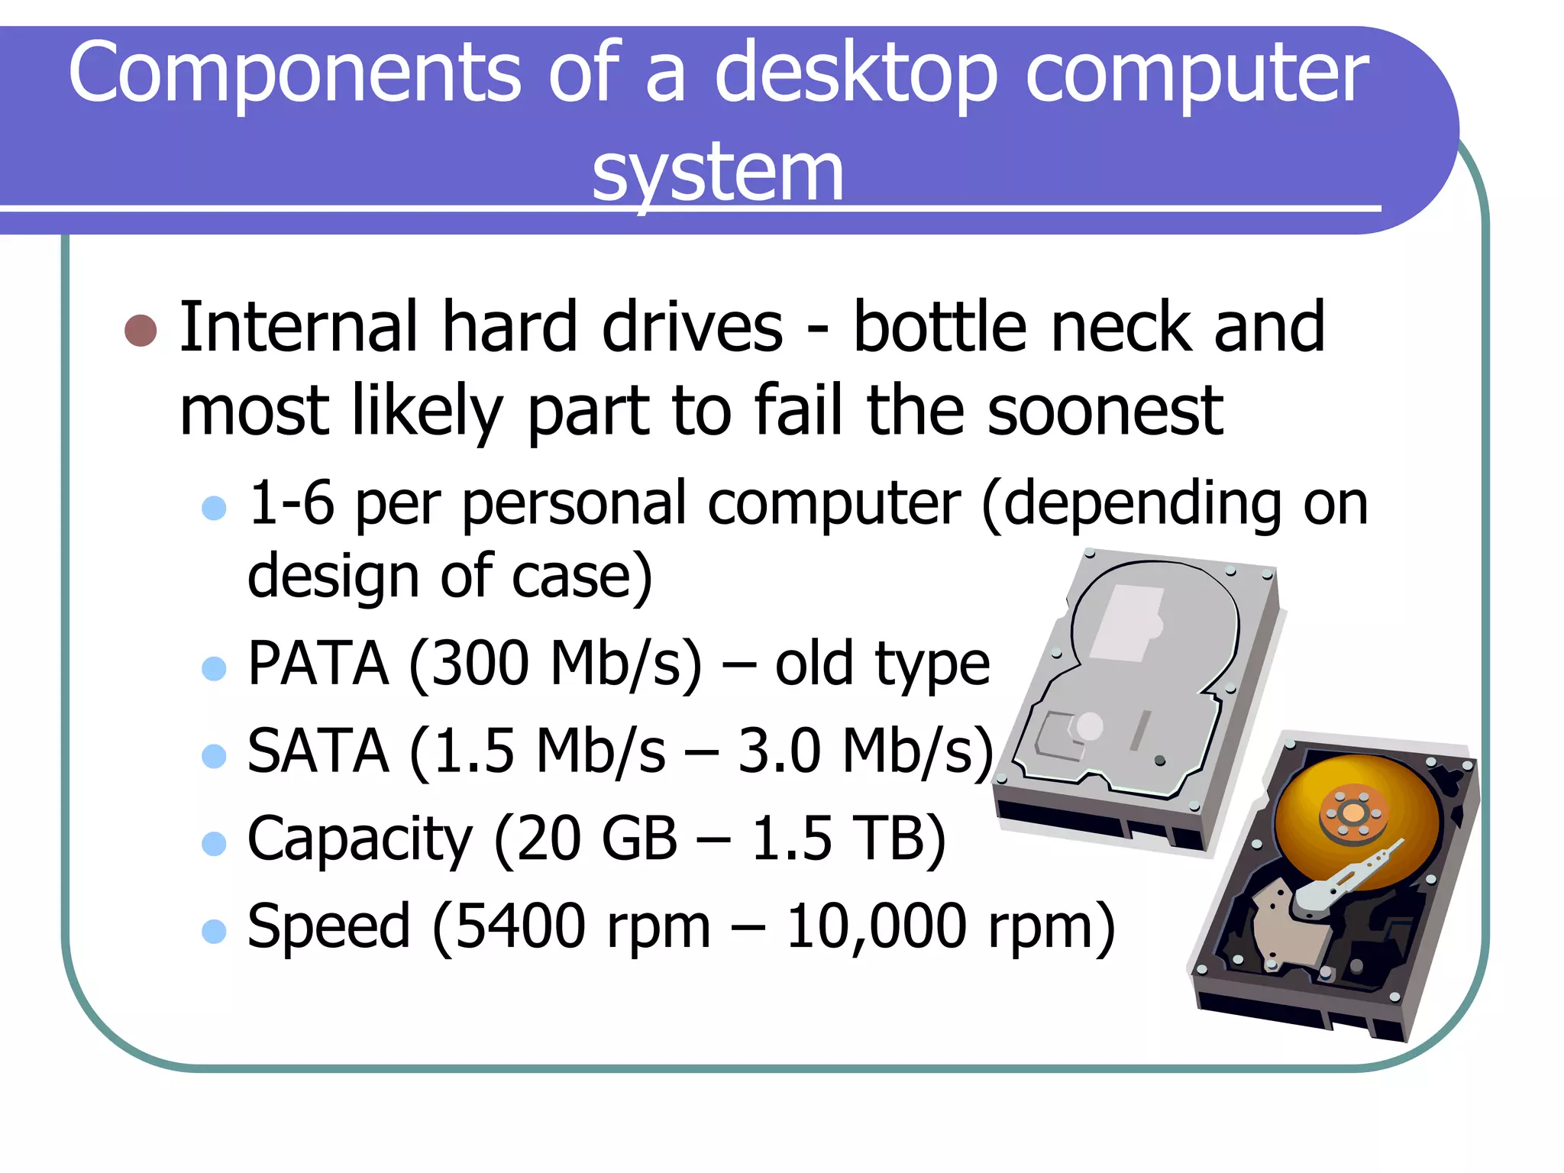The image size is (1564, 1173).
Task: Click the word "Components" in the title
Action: [x=295, y=73]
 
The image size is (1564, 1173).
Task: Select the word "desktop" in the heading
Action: [x=855, y=73]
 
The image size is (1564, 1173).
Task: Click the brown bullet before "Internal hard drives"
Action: [x=141, y=330]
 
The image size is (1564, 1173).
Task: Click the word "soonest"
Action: [x=1105, y=412]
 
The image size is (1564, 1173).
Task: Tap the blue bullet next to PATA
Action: [x=214, y=668]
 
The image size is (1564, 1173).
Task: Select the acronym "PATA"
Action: [x=318, y=664]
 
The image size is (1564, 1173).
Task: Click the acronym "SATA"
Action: [x=318, y=751]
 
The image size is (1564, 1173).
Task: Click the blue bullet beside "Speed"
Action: [x=214, y=931]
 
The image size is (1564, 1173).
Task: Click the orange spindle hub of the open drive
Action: [x=1352, y=813]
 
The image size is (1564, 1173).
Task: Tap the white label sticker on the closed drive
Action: [x=1127, y=622]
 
